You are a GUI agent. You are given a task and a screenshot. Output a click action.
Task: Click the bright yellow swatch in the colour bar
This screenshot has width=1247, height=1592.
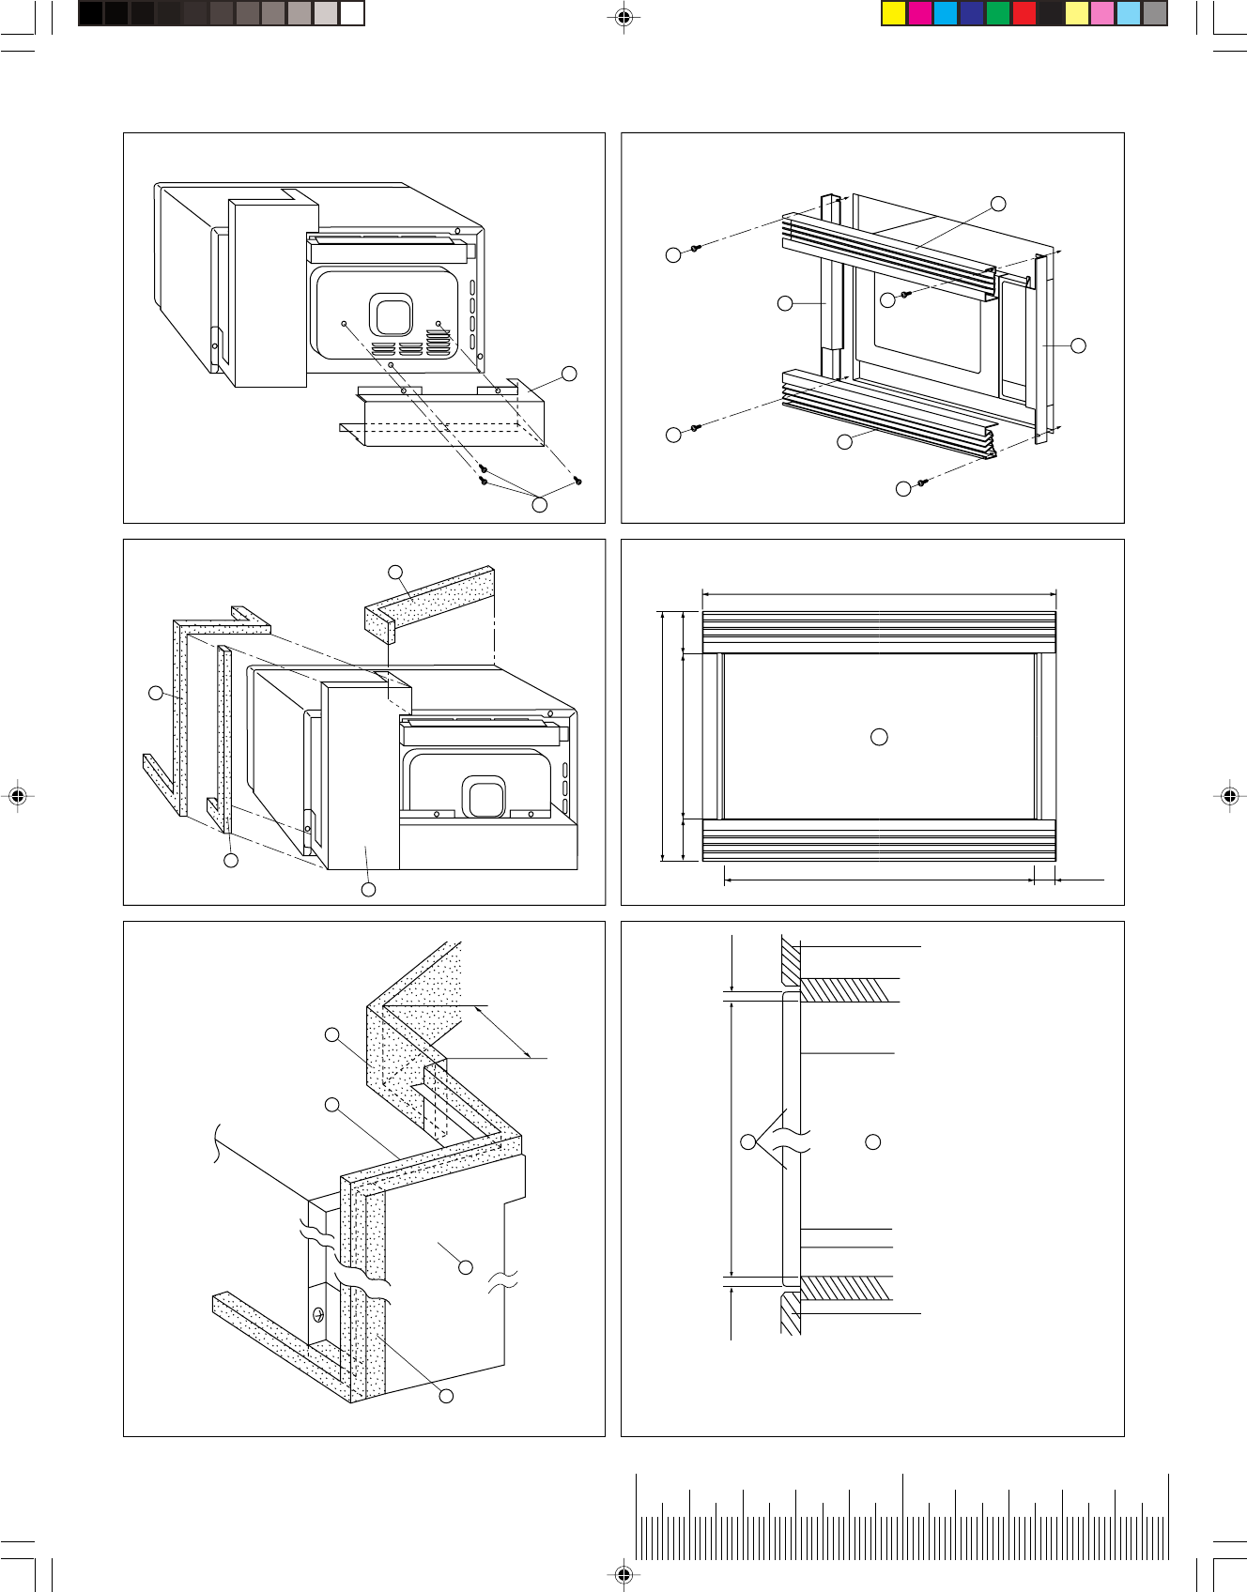click(x=893, y=13)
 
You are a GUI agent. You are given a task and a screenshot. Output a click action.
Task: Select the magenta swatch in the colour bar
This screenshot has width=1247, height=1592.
click(x=919, y=13)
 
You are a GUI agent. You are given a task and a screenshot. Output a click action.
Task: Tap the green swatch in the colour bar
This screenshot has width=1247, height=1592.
click(x=997, y=13)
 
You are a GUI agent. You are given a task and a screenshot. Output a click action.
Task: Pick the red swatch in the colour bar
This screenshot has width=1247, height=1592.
click(x=1024, y=13)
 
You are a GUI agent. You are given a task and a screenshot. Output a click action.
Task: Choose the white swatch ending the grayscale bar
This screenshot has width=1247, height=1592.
click(x=351, y=13)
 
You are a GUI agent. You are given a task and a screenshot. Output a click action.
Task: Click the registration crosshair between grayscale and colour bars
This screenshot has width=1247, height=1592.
click(x=623, y=17)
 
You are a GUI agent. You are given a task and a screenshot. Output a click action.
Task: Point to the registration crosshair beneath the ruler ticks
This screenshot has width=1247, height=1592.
click(x=623, y=1574)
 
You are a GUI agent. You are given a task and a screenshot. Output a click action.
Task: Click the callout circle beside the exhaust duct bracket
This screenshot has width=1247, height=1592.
click(x=569, y=374)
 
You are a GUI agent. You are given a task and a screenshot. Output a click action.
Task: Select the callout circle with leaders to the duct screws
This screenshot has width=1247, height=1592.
click(x=539, y=504)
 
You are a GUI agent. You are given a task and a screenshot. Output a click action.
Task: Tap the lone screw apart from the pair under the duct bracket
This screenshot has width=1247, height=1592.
click(x=578, y=481)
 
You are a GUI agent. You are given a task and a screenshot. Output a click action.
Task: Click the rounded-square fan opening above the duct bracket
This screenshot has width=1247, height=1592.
click(x=391, y=314)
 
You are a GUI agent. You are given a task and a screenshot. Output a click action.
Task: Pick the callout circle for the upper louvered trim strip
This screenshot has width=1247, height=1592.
click(x=998, y=204)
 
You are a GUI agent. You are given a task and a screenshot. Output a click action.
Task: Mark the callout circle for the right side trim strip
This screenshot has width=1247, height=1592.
click(x=1078, y=345)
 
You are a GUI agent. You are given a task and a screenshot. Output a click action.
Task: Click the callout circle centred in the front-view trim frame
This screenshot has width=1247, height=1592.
click(x=879, y=737)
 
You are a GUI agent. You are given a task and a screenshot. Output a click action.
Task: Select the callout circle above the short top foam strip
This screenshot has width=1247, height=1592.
click(x=395, y=572)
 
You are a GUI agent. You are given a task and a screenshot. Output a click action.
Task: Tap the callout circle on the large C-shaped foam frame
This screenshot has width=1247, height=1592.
click(x=156, y=693)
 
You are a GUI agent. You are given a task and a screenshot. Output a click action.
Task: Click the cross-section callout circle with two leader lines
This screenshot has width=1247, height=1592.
click(x=747, y=1141)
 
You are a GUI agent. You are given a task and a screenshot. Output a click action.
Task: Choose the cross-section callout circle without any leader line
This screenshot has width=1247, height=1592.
click(x=872, y=1141)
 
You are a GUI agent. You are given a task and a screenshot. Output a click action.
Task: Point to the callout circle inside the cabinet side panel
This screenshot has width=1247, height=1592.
click(x=465, y=1267)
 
